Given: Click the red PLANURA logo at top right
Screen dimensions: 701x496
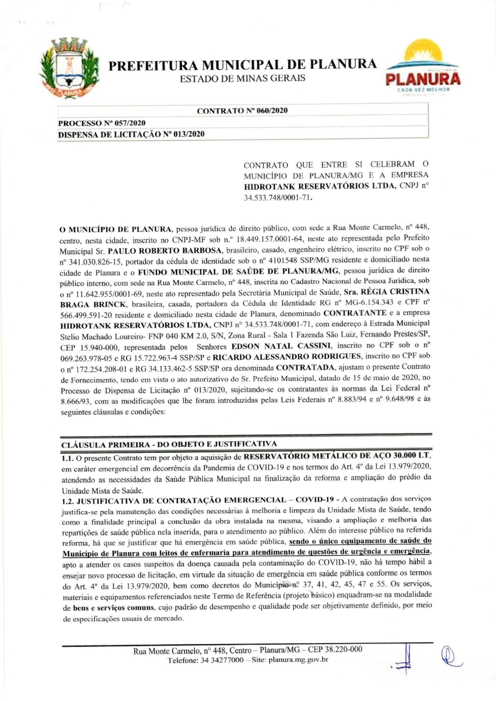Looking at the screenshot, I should point(424,79).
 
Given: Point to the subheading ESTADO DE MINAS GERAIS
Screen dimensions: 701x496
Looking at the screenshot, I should point(243,79).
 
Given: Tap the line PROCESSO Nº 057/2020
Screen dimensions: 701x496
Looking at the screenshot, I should point(101,123).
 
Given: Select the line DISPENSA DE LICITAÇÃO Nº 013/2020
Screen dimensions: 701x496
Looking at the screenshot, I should point(131,134).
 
